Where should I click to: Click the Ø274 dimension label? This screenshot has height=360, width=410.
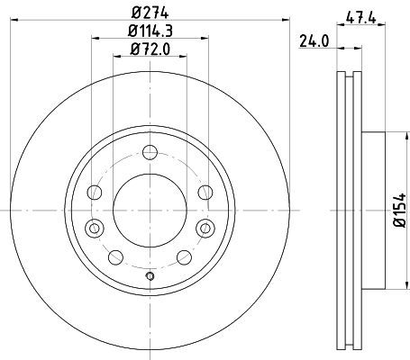[150, 13]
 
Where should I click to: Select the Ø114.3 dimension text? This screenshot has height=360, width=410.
[150, 31]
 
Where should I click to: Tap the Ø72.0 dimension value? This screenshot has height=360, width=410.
[150, 49]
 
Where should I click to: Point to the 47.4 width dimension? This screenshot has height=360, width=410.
[360, 18]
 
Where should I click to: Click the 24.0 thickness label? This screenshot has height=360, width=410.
[314, 41]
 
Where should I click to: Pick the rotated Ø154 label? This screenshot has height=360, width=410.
[399, 211]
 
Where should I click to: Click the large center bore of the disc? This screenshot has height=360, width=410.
[150, 211]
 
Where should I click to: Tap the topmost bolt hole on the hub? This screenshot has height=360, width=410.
[150, 152]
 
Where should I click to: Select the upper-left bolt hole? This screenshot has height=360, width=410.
[95, 193]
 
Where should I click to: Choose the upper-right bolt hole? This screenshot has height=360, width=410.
[205, 193]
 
